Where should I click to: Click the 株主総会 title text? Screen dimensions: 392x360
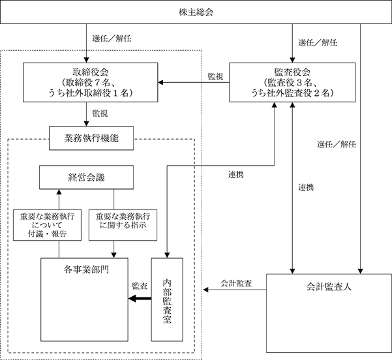pyautogui.click(x=196, y=12)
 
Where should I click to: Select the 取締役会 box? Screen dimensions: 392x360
pyautogui.click(x=91, y=82)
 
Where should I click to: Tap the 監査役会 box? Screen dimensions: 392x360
pyautogui.click(x=292, y=82)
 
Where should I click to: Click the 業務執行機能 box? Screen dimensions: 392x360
pyautogui.click(x=91, y=138)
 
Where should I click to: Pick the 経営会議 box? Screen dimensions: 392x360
pyautogui.click(x=86, y=177)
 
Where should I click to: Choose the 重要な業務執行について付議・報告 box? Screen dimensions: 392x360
pyautogui.click(x=47, y=225)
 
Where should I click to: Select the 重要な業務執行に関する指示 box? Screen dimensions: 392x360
pyautogui.click(x=123, y=225)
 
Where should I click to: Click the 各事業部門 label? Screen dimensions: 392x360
pyautogui.click(x=86, y=269)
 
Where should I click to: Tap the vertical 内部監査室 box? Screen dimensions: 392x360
pyautogui.click(x=167, y=299)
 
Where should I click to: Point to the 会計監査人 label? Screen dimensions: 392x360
pyautogui.click(x=329, y=287)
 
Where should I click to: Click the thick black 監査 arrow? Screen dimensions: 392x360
pyautogui.click(x=140, y=298)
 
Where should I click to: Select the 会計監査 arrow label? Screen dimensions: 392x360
pyautogui.click(x=236, y=283)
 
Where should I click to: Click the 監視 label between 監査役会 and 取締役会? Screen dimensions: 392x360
pyautogui.click(x=215, y=76)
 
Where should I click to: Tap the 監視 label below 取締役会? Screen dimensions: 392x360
pyautogui.click(x=100, y=113)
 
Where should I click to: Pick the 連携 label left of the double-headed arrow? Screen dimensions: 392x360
pyautogui.click(x=235, y=174)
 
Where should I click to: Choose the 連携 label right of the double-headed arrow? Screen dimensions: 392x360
pyautogui.click(x=306, y=187)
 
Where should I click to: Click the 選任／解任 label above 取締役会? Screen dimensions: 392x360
pyautogui.click(x=112, y=38)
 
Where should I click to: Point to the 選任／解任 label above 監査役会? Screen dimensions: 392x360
pyautogui.click(x=318, y=43)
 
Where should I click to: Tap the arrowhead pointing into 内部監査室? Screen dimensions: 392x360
pyautogui.click(x=167, y=255)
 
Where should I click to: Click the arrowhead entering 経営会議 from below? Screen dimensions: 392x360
pyautogui.click(x=59, y=192)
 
